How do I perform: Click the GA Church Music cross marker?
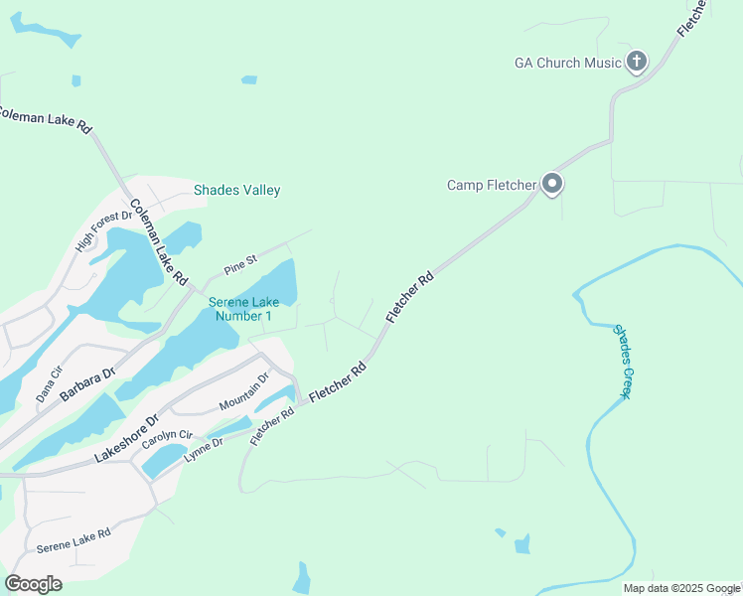(637, 63)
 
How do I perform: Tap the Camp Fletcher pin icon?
(553, 184)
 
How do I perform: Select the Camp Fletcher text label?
(492, 185)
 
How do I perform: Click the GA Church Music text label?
(567, 63)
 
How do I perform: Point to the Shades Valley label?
(237, 190)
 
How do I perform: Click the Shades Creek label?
(622, 362)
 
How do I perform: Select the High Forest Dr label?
(104, 230)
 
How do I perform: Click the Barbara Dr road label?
(87, 382)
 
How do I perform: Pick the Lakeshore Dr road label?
(126, 437)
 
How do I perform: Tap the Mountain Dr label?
(244, 391)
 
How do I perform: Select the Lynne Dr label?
(203, 447)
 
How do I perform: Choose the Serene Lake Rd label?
(74, 541)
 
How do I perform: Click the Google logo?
(34, 584)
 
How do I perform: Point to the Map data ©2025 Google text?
(681, 588)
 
